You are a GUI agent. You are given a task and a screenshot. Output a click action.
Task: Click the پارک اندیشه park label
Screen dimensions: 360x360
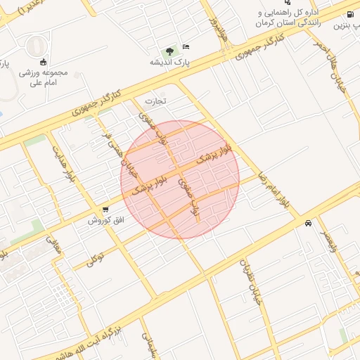click(166, 62)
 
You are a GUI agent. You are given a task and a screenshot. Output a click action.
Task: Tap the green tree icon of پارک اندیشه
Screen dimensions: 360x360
click(169, 51)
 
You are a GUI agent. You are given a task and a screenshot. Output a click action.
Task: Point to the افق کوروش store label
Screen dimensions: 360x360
click(105, 220)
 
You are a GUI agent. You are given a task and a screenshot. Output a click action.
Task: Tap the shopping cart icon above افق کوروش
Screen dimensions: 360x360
click(105, 210)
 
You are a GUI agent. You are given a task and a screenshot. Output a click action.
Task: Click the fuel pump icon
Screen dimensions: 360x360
click(351, 15)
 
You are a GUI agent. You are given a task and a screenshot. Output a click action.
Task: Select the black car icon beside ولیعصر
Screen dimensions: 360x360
click(308, 224)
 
